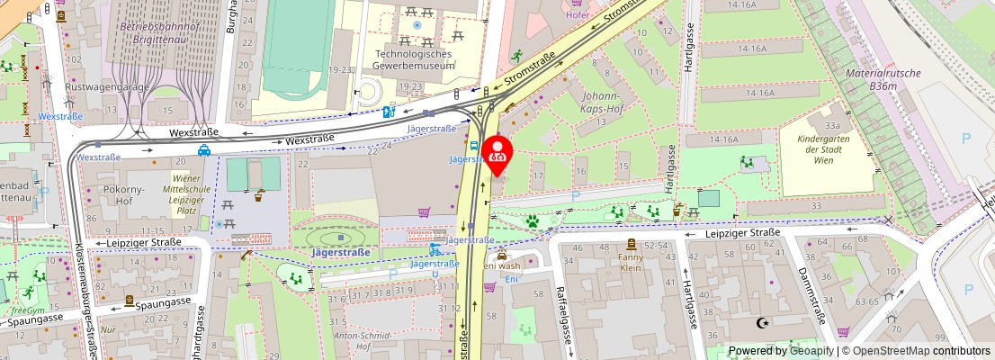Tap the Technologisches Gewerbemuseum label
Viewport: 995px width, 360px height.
click(415, 59)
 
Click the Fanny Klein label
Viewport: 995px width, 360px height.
click(632, 262)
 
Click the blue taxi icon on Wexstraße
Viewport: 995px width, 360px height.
click(205, 151)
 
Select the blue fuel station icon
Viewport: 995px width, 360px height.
click(389, 112)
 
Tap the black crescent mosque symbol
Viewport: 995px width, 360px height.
click(765, 322)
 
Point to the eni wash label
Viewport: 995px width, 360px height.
click(502, 265)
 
